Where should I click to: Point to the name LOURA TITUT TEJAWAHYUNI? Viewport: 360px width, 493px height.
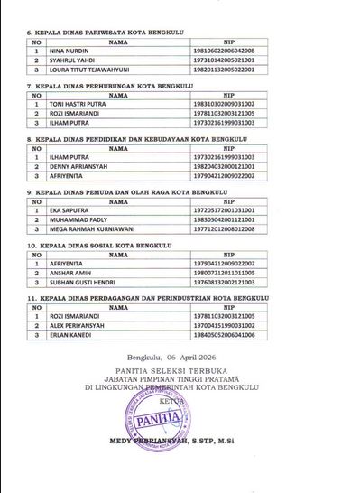click(87, 70)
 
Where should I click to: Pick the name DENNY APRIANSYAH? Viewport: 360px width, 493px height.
click(75, 166)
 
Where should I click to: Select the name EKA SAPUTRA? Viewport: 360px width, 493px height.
click(68, 209)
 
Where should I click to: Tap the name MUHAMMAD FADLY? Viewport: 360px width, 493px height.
click(76, 219)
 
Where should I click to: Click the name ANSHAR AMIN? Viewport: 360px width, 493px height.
click(69, 273)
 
